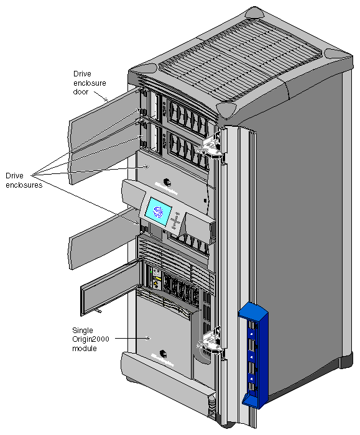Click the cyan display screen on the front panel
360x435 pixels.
[158, 210]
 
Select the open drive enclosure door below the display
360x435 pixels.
[103, 245]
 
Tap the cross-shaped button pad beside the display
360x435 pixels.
[177, 221]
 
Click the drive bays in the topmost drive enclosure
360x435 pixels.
[183, 114]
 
